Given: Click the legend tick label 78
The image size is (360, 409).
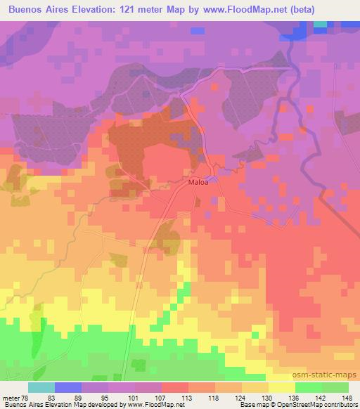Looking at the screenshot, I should (x=27, y=397).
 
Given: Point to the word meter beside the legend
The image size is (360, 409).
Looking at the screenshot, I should (x=11, y=397).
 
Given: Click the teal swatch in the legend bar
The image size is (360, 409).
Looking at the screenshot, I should (x=41, y=387).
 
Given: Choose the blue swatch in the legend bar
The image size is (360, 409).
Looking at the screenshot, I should (x=67, y=387).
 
